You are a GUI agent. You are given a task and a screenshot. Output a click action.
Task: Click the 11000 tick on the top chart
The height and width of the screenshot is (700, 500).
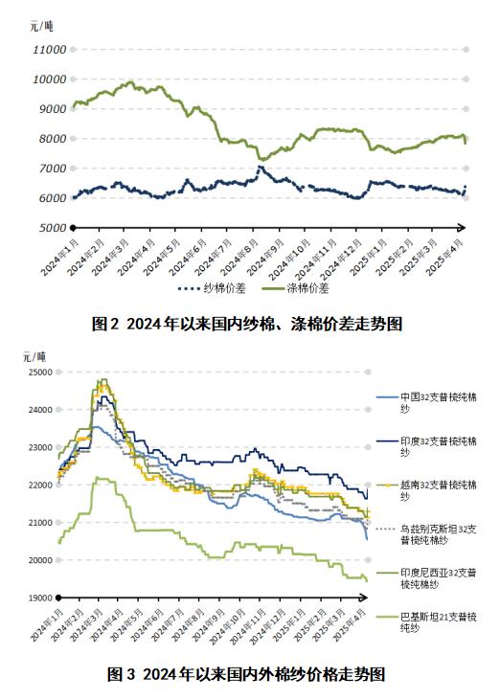48,49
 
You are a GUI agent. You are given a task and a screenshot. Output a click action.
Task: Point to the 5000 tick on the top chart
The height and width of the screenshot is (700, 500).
51,228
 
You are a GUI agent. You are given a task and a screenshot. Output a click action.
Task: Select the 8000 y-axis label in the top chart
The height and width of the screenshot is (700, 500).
51,139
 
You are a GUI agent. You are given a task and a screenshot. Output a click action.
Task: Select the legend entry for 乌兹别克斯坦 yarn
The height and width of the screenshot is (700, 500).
437,534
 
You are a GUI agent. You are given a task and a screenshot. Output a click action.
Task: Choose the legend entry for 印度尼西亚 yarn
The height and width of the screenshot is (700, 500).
437,577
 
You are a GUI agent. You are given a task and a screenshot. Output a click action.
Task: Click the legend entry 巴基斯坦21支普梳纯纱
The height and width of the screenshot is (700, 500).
437,622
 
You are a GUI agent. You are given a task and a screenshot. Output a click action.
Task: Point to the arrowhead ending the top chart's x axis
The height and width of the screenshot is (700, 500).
462,228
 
